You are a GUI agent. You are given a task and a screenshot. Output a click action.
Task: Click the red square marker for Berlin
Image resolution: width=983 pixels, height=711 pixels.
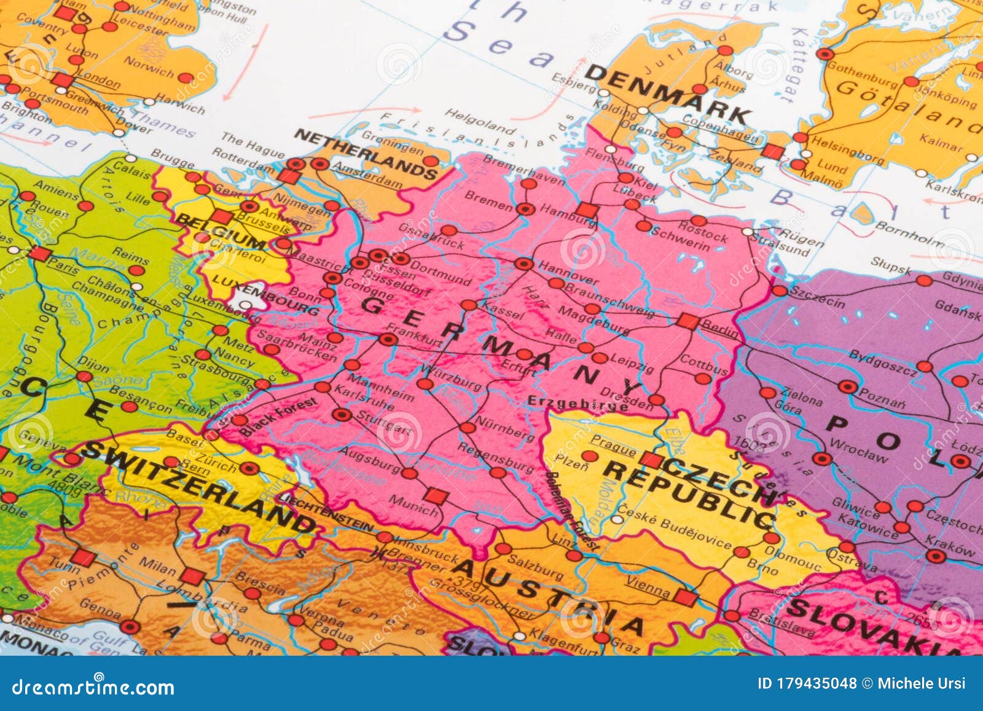(x=687, y=321)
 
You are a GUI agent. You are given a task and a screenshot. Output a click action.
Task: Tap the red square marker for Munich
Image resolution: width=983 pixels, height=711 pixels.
(x=435, y=495)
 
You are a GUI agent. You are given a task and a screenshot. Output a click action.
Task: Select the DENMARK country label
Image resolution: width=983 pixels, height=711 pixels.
(x=668, y=95)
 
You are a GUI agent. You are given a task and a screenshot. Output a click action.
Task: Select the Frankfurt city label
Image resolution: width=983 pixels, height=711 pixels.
(x=415, y=336)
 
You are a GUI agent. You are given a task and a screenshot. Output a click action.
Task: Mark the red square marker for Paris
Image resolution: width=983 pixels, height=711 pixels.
(x=40, y=254)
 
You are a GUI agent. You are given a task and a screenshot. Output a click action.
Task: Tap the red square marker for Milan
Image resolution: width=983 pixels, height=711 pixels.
(x=192, y=576)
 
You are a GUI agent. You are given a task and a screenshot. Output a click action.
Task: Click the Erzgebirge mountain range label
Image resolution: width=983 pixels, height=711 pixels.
(x=578, y=403)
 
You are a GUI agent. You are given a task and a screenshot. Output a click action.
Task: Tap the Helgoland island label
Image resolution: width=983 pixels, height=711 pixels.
(x=480, y=121)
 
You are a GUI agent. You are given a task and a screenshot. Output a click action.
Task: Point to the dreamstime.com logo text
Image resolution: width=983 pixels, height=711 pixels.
(x=93, y=686)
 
